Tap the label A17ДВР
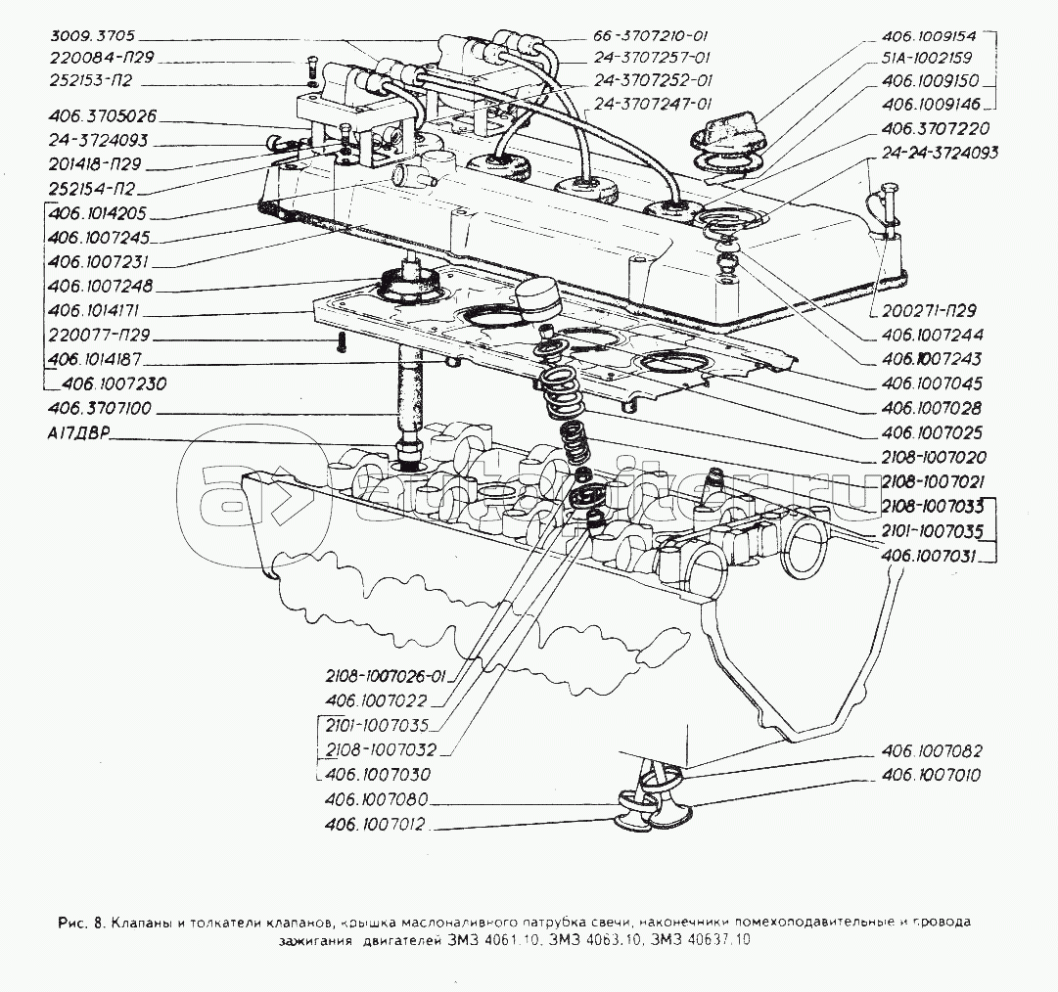[75, 437]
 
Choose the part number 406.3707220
[935, 128]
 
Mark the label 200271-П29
[919, 312]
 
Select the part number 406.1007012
[376, 825]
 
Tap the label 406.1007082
[931, 751]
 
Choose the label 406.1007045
[931, 383]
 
